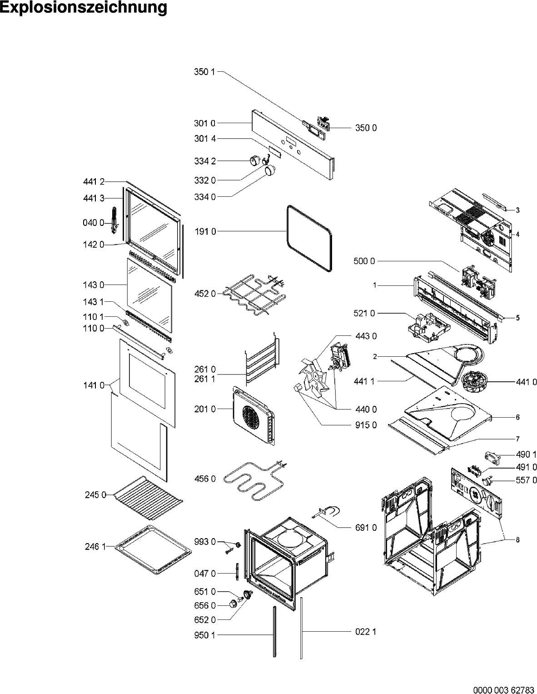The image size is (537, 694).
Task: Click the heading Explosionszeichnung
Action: (x=84, y=8)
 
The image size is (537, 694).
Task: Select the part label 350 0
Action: (x=366, y=128)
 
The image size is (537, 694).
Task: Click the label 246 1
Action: (x=95, y=547)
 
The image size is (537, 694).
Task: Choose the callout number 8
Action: (x=517, y=540)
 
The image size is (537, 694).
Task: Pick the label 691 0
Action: (x=366, y=528)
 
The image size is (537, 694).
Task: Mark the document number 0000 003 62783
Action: (x=504, y=690)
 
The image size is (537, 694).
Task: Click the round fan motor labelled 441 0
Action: (x=474, y=382)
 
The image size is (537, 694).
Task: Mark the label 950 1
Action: (x=205, y=635)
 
